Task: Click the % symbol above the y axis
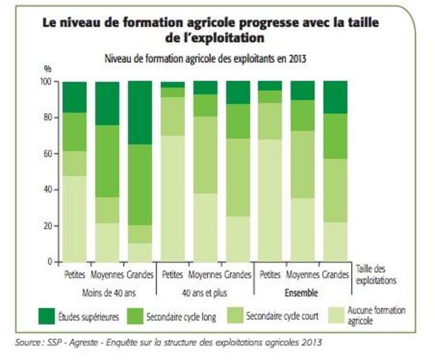coord(48,69)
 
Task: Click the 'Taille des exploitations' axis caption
coord(378,274)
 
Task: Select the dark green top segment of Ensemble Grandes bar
coord(335,97)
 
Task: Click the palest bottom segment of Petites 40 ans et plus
coord(173,198)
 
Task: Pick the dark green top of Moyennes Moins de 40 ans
coord(108,103)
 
